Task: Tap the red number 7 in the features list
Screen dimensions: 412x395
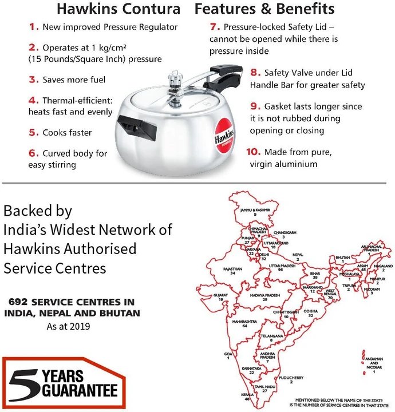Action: [x=214, y=27]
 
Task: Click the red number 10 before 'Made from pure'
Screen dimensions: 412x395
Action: [x=255, y=152]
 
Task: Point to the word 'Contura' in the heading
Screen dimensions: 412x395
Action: [x=153, y=9]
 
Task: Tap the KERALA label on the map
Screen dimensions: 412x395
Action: [x=247, y=395]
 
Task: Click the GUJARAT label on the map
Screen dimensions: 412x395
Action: [x=220, y=296]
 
